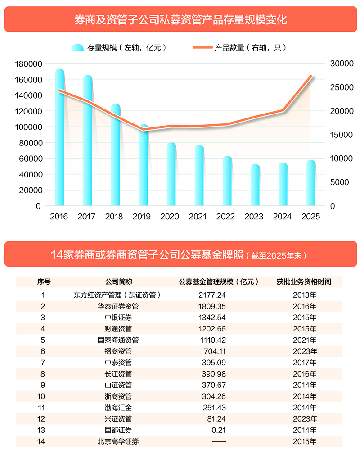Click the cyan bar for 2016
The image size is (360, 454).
coord(59,137)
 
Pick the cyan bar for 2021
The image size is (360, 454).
coord(199,176)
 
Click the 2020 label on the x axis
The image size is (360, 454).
coord(170,217)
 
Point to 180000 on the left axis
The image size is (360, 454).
coord(28,64)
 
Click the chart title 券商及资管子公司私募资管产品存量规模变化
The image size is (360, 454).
coord(180,20)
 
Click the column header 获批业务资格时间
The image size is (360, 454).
coord(304,282)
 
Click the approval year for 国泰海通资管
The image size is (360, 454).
coord(304,340)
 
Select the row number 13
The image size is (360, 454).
coord(43,430)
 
